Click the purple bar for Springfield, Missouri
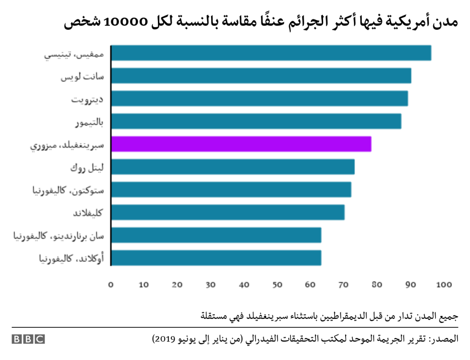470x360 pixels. [x=241, y=144]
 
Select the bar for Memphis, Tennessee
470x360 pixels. [x=271, y=53]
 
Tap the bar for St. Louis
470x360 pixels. [x=261, y=76]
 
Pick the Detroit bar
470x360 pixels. [x=259, y=98]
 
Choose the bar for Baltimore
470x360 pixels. [x=256, y=121]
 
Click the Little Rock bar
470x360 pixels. [x=233, y=167]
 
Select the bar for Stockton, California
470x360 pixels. [x=231, y=190]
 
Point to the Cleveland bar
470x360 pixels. [x=228, y=212]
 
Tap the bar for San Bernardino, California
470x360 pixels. [x=216, y=235]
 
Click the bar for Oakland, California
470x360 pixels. [x=216, y=258]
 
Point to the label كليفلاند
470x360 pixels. [x=88, y=213]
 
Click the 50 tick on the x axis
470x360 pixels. [x=277, y=285]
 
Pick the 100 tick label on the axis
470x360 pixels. [x=444, y=285]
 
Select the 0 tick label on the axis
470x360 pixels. [x=111, y=285]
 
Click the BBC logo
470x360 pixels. [x=28, y=339]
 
